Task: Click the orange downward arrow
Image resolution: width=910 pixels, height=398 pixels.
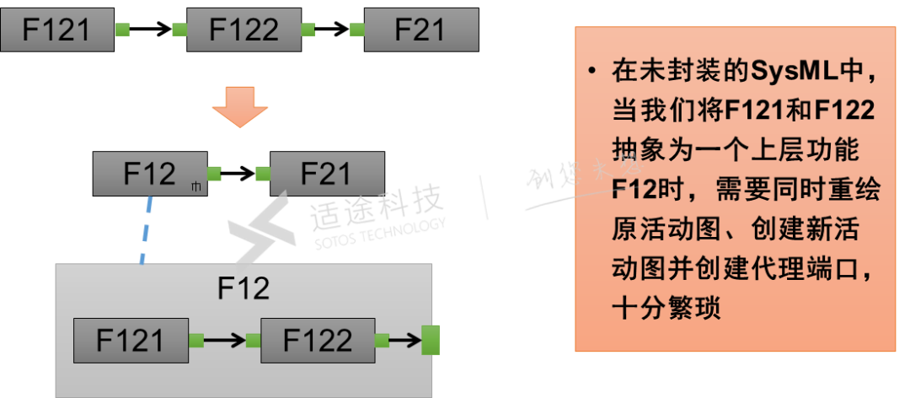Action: [239, 104]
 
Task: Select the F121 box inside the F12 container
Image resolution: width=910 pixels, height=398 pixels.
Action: [130, 341]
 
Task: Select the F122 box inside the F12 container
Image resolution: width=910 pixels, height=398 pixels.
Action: [317, 341]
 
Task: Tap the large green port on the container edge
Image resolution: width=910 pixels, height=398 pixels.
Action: [431, 341]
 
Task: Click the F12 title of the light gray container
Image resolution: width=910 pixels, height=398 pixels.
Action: [244, 288]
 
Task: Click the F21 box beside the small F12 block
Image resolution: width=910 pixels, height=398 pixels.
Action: [327, 174]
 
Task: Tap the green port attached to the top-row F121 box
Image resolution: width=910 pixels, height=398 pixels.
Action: [122, 30]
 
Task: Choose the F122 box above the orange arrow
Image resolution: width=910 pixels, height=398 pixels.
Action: [244, 30]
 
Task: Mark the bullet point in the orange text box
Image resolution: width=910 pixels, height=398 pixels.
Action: [594, 72]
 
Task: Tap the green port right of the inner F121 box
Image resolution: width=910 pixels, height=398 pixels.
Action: [196, 341]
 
